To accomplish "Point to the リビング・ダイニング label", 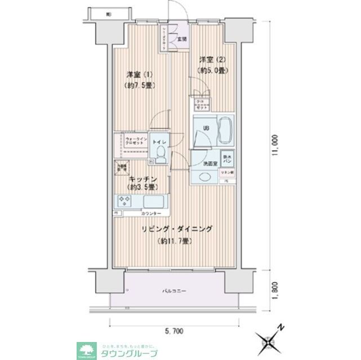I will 177,229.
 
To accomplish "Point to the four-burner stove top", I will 124,201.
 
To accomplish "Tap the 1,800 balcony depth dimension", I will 274,290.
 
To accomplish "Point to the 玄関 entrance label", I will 182,39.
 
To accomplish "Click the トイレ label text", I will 159,142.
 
